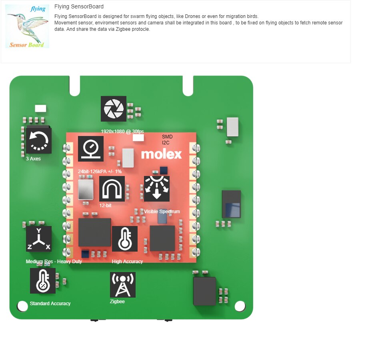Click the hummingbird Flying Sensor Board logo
pos(27,26)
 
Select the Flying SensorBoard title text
pos(79,6)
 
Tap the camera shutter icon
pos(114,109)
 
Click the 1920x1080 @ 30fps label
pos(122,132)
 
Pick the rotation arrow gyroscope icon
pos(39,141)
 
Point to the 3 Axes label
pos(33,159)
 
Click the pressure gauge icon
pos(91,149)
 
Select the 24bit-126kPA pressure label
pos(100,172)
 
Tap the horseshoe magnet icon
pos(112,189)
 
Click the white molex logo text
pos(161,154)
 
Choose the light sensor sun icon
pos(157,189)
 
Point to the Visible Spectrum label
pos(162,212)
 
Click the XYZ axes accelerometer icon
pos(39,239)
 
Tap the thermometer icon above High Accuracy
pos(125,239)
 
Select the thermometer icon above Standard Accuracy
pos(43,281)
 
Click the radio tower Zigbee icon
pos(123,285)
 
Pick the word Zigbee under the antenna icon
pos(117,302)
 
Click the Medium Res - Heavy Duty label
pos(54,262)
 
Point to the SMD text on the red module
pos(167,136)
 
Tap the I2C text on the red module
pos(166,143)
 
